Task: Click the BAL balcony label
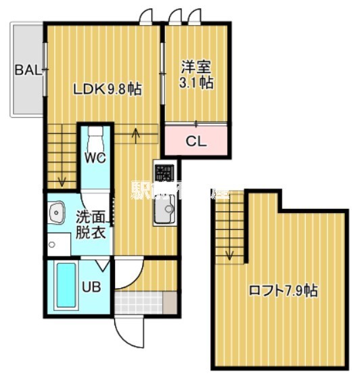(27, 69)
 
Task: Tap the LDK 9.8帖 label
(108, 89)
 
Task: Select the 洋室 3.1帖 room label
(196, 75)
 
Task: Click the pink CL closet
(196, 141)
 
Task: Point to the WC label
(95, 158)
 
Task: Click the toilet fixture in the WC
(95, 139)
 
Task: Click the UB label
(91, 286)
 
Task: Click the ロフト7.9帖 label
(284, 291)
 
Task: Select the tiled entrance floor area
(139, 302)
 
